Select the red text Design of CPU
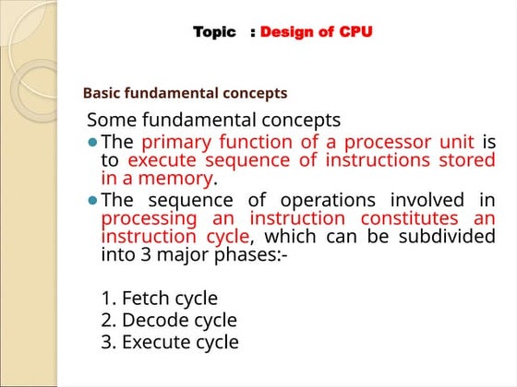(x=317, y=32)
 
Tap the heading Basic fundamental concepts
(x=185, y=93)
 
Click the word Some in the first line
(x=111, y=121)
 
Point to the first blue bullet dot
(x=91, y=143)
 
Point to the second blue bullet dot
(x=91, y=201)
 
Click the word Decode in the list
(x=152, y=321)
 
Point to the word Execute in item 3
(x=156, y=342)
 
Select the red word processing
(x=149, y=218)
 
